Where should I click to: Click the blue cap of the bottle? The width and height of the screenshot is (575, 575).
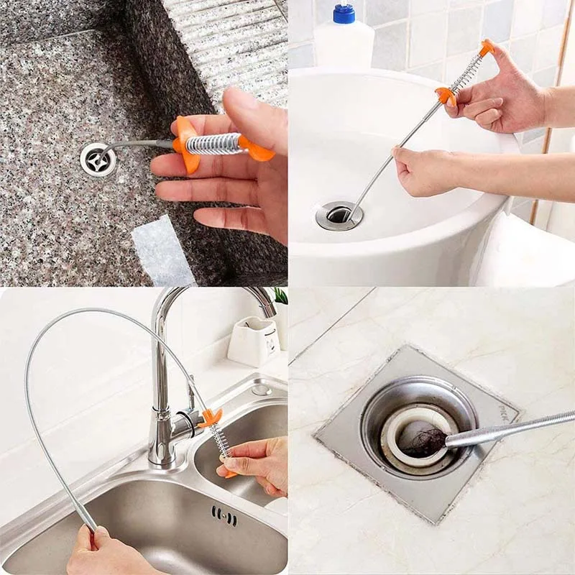[x=344, y=13]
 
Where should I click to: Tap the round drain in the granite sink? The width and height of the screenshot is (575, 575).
[x=98, y=159]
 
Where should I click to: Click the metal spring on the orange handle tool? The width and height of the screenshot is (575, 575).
[x=213, y=143]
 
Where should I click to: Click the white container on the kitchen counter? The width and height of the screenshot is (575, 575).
[x=253, y=341]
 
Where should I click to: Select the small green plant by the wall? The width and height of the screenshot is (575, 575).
[x=280, y=295]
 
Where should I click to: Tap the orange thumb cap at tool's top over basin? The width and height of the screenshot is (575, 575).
[x=487, y=47]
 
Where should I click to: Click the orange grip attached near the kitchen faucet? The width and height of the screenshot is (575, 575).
[x=211, y=418]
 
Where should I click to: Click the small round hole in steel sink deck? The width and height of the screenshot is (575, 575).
[x=261, y=390]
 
